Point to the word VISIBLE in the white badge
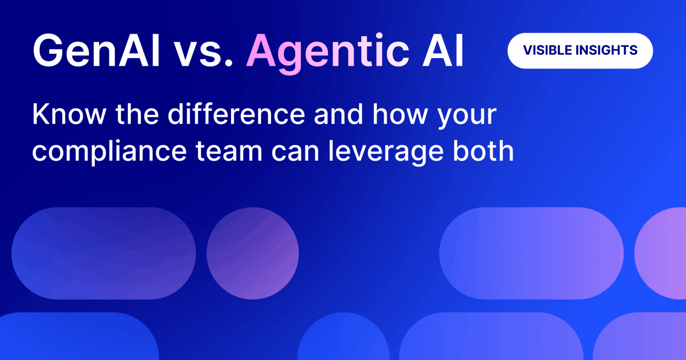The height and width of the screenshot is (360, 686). point(546,50)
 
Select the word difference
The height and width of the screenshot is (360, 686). point(237,115)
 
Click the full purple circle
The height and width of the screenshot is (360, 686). point(253,253)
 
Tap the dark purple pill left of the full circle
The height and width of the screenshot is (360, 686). point(104,253)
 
